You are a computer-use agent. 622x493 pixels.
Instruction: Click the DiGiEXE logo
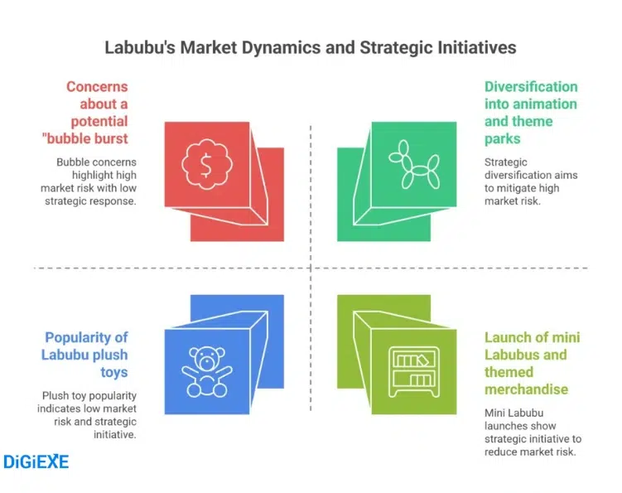click(36, 462)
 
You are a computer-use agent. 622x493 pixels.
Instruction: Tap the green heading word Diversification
click(531, 87)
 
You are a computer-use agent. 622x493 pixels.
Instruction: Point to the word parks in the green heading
click(504, 139)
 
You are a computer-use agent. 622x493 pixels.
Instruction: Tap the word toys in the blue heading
click(114, 372)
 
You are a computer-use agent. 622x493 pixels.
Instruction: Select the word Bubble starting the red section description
click(74, 162)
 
